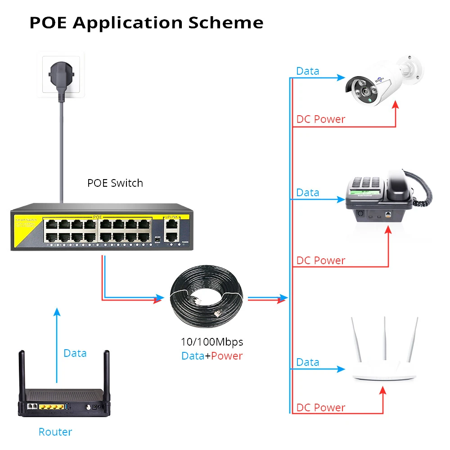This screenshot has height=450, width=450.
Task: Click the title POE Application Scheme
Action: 146,23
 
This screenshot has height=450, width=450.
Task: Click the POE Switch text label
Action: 115,183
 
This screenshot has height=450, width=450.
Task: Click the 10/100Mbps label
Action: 211,342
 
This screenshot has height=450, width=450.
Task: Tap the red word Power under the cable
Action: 227,356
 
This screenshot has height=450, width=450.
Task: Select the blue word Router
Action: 55,432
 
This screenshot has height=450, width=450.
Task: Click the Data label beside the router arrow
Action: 75,353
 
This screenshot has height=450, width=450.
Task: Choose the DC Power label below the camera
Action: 321,119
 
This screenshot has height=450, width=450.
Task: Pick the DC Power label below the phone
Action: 321,261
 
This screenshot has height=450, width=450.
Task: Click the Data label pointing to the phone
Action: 308,193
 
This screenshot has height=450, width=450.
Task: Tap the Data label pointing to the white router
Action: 308,362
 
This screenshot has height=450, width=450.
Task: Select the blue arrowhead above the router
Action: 57,312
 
